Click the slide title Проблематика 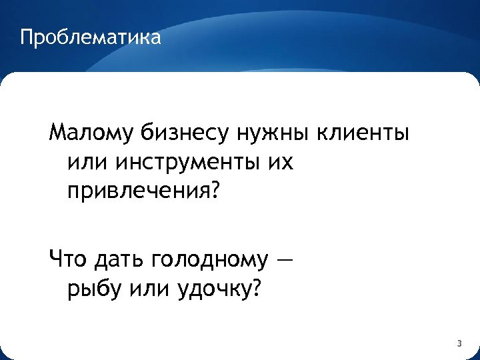(x=90, y=37)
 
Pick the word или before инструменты (x=87, y=162)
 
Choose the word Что (x=68, y=259)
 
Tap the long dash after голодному (x=283, y=259)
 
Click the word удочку (x=212, y=289)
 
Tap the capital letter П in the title (x=26, y=37)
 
